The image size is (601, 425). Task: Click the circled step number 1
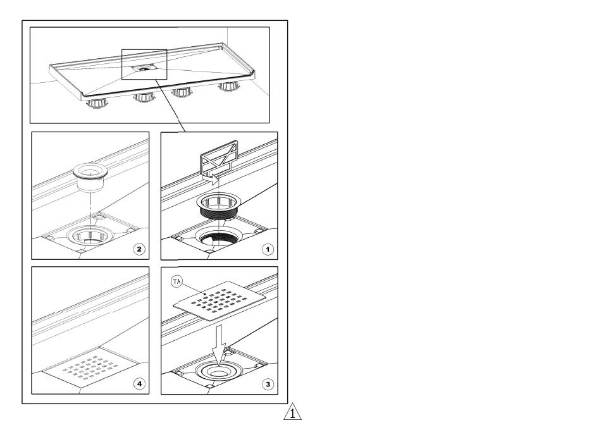[268, 250]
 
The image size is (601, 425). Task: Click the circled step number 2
[139, 249]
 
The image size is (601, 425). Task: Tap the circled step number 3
[268, 384]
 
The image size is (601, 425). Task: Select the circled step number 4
[139, 384]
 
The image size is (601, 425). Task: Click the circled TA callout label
[177, 281]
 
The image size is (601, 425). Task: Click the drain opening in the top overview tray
[145, 67]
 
